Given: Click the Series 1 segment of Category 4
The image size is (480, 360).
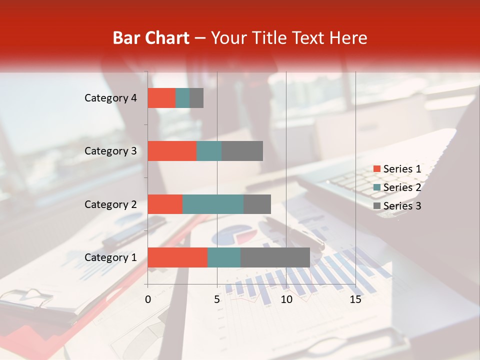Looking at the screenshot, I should tap(161, 98).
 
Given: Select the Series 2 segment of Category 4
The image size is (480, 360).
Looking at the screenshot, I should tap(182, 98).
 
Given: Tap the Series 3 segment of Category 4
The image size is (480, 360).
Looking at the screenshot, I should tap(196, 98).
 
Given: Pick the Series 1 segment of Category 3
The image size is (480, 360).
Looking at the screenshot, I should tap(172, 151).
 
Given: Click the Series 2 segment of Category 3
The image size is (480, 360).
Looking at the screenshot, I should tap(209, 151).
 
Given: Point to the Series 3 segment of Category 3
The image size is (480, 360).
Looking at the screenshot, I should tap(242, 151).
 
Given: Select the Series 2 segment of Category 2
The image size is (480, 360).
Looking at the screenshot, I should tap(213, 204).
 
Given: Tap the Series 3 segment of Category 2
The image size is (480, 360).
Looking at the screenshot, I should tap(257, 204).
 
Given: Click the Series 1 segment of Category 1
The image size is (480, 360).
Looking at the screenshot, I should tap(177, 257).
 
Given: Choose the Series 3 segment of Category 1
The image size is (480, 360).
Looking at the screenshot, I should tap(275, 257).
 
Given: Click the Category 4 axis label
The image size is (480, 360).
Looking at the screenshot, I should tap(110, 98).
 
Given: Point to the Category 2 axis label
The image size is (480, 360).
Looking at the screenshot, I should tap(110, 204).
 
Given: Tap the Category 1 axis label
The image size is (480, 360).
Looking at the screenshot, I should tap(110, 257).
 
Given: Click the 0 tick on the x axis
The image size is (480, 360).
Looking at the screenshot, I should tap(148, 299).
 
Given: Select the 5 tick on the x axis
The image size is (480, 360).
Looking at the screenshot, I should tap(217, 299).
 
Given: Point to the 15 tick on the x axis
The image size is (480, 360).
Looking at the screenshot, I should tap(355, 299).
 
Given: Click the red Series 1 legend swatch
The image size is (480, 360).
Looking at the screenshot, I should tap(376, 169).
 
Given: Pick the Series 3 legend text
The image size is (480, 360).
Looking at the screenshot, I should tap(402, 206).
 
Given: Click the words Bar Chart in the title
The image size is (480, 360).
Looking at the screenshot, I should tap(151, 37).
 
